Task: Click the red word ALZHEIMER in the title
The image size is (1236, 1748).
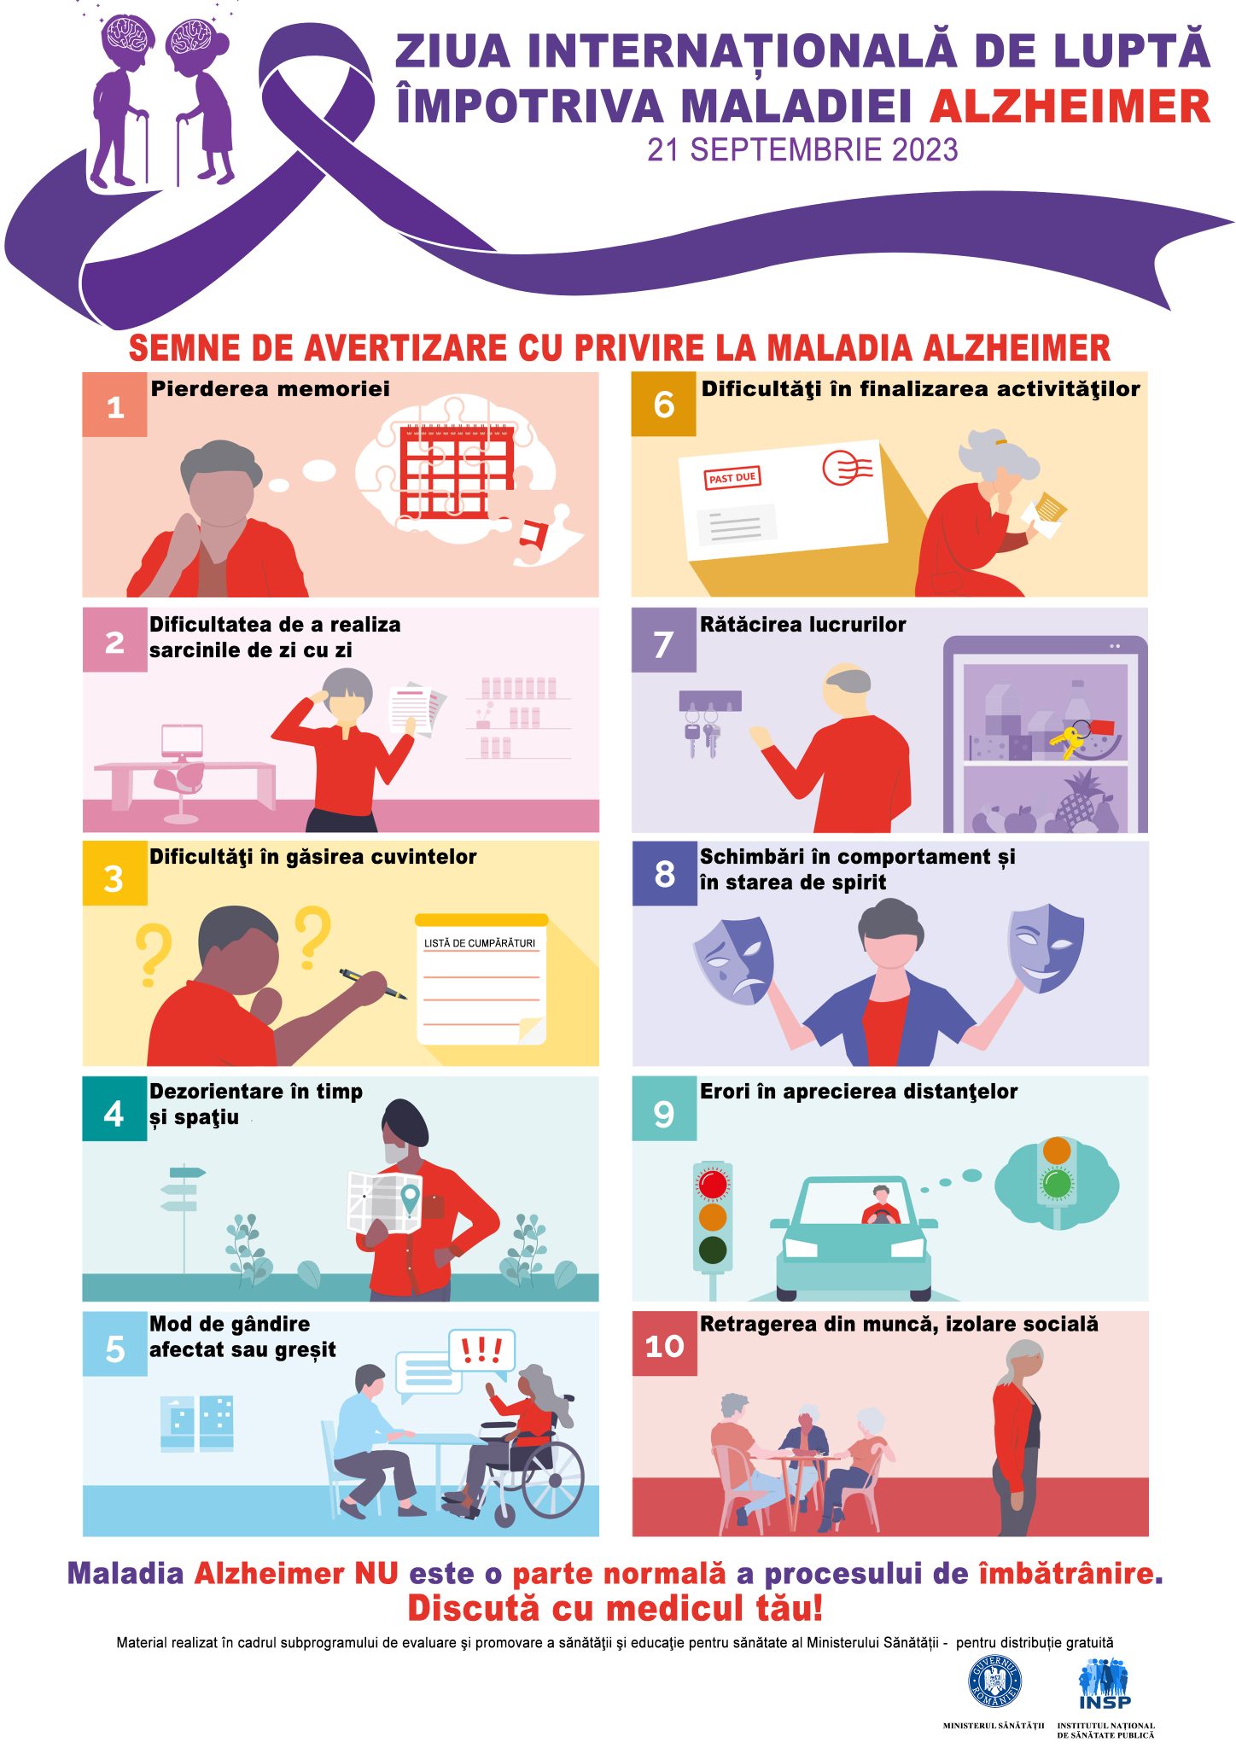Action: pyautogui.click(x=1070, y=107)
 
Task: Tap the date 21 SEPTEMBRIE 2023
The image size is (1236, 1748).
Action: pyautogui.click(x=802, y=150)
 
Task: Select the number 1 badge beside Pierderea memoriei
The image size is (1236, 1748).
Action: pyautogui.click(x=114, y=405)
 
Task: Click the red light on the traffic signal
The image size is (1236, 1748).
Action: pyautogui.click(x=713, y=1184)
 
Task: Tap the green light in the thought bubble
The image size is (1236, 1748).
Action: pyautogui.click(x=1057, y=1184)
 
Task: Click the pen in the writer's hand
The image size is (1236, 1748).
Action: pyautogui.click(x=372, y=983)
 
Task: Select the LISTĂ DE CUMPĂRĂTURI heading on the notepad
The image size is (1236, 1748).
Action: pyautogui.click(x=480, y=943)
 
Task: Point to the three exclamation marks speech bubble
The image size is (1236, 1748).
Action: pyautogui.click(x=482, y=1351)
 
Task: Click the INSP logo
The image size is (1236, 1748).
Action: pyautogui.click(x=1105, y=1685)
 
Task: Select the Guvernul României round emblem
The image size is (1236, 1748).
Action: pyautogui.click(x=994, y=1682)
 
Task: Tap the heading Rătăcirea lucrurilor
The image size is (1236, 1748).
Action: pyautogui.click(x=803, y=625)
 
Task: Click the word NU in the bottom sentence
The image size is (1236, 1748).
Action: pyautogui.click(x=376, y=1573)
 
